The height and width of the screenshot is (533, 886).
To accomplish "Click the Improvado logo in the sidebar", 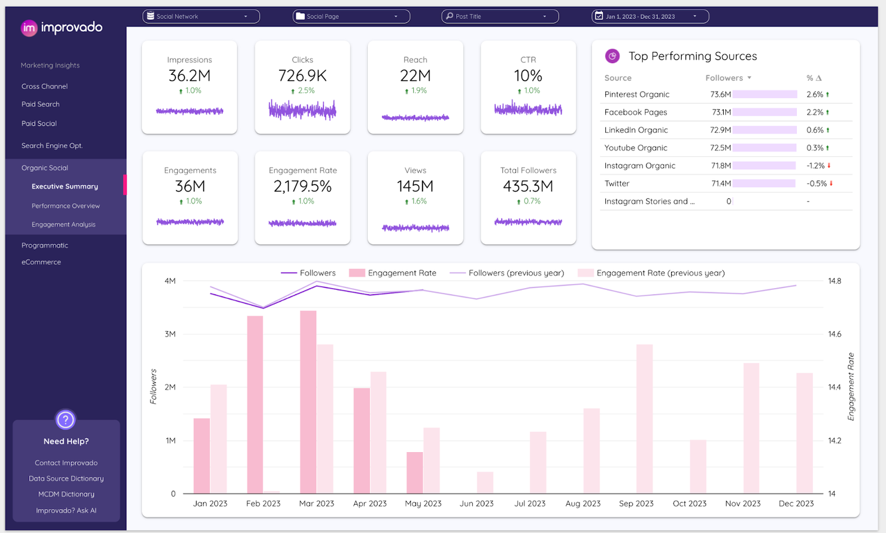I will [62, 28].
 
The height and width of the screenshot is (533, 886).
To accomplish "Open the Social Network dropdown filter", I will [201, 16].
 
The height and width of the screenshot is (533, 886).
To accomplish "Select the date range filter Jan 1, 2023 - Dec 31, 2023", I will [650, 16].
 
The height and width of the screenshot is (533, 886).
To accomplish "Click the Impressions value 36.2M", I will [189, 76].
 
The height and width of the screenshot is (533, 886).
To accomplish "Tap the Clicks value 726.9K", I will [302, 76].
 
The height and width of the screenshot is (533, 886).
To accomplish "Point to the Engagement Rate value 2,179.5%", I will [302, 187].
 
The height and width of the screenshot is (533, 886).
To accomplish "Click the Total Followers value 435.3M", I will [528, 187].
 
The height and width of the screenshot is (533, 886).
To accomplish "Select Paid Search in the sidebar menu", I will [41, 104].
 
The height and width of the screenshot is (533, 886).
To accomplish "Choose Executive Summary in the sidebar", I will [65, 186].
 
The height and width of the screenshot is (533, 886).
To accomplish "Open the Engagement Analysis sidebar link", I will [63, 225].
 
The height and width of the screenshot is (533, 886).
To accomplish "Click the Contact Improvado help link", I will [66, 463].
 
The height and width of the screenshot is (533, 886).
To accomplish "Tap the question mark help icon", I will [65, 420].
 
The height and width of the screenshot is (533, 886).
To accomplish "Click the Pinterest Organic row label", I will [637, 95].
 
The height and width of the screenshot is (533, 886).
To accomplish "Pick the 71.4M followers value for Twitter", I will [721, 184].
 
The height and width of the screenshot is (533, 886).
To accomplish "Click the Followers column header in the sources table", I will [724, 78].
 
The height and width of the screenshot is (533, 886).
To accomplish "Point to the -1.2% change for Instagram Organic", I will [815, 166].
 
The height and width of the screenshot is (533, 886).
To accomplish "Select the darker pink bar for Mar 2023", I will [308, 401].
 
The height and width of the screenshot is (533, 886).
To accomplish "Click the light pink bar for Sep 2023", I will [645, 419].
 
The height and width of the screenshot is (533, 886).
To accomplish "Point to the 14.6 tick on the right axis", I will [835, 334].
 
